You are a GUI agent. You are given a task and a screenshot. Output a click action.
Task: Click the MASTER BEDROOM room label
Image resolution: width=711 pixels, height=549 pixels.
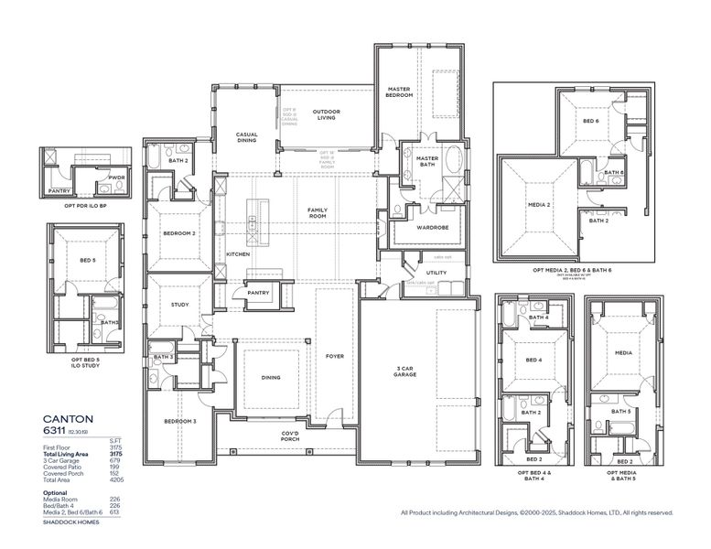tap(399, 91)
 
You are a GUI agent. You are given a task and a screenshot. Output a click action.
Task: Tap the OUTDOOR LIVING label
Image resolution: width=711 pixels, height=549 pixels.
tap(327, 114)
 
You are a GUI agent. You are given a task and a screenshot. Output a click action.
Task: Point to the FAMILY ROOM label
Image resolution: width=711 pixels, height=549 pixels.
tap(317, 212)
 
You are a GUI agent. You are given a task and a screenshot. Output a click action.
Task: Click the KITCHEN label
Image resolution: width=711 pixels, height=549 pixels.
tap(238, 253)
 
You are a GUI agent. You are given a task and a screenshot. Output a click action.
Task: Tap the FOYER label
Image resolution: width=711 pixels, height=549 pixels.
tap(335, 356)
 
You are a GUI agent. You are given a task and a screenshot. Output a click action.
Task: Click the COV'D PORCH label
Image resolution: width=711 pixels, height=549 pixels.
tap(290, 436)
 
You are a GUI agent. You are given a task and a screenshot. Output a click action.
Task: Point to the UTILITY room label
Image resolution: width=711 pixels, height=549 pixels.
tap(436, 273)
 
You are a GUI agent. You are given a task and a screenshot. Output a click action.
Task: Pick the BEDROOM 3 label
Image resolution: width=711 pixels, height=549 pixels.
tap(180, 421)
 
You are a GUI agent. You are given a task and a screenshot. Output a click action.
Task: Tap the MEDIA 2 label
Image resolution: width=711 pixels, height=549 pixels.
tap(539, 204)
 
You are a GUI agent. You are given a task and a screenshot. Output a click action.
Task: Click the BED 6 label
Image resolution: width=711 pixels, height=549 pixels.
tap(591, 121)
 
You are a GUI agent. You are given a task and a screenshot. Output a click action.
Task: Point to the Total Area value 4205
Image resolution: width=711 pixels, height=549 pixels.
tap(116, 479)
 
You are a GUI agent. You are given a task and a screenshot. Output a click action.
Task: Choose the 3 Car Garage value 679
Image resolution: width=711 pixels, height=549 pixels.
tap(116, 460)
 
